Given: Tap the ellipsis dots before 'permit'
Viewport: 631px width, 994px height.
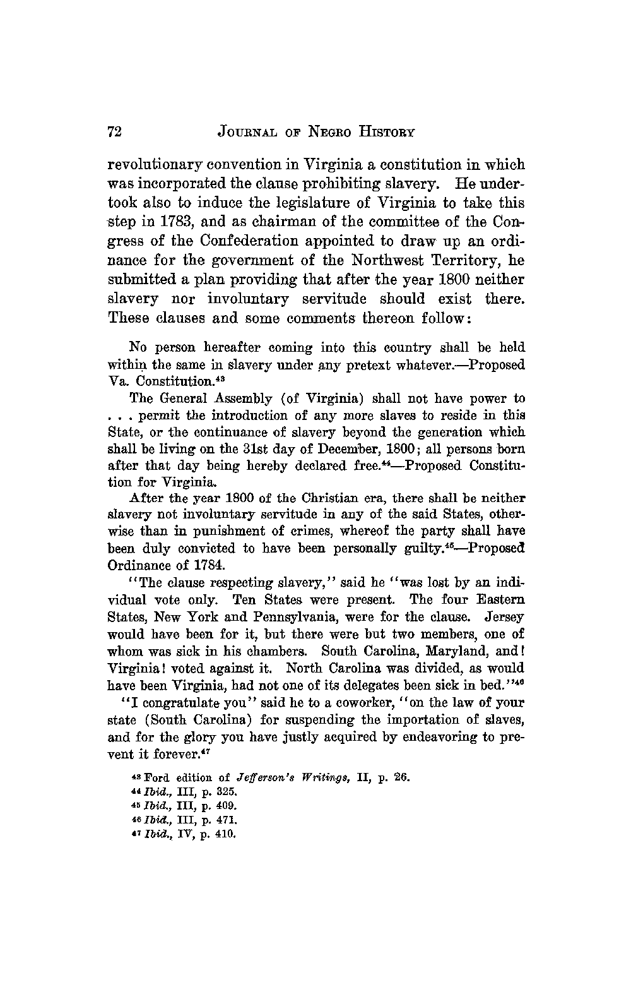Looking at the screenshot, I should [119, 417].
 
